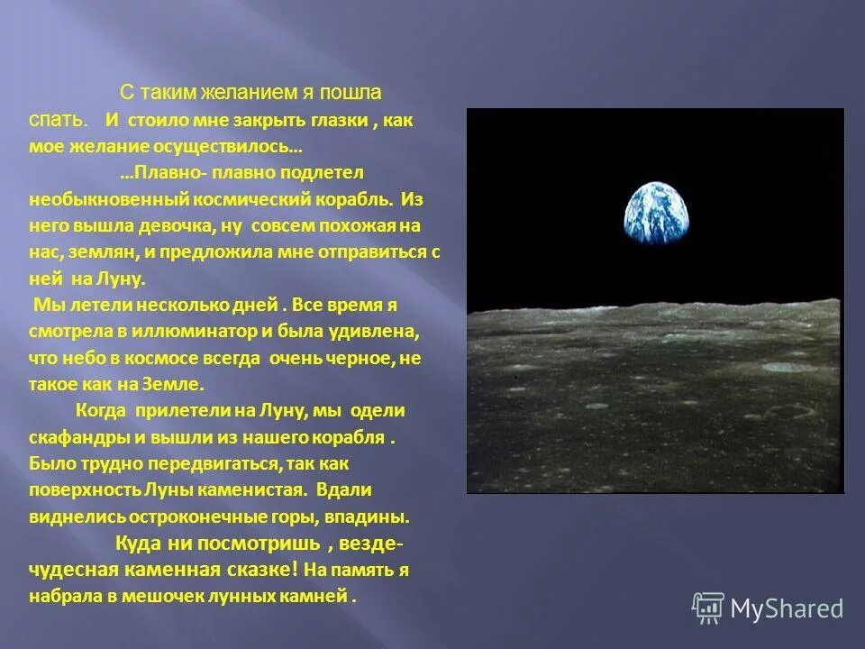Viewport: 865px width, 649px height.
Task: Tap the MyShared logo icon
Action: (707, 608)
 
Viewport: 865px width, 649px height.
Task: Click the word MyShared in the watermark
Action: (787, 609)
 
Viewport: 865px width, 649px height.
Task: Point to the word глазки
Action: (338, 119)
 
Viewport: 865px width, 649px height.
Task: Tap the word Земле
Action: (175, 383)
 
